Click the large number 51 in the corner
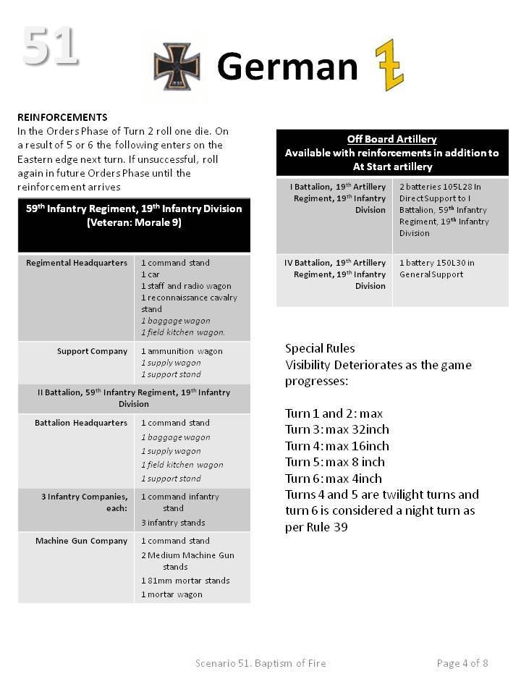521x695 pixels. (49, 46)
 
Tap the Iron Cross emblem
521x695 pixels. (177, 67)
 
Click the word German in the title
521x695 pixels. (287, 67)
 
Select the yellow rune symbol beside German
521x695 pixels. (389, 65)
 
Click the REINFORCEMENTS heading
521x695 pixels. (62, 117)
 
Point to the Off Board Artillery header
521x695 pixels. (391, 139)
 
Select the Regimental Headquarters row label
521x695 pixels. (77, 263)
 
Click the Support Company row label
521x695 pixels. (92, 351)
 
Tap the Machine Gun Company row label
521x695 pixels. (81, 541)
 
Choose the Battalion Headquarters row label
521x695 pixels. (81, 423)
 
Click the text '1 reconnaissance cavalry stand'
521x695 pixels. (189, 303)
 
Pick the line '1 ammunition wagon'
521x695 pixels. (182, 351)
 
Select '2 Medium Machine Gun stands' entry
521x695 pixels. (187, 561)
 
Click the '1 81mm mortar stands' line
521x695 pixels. (185, 581)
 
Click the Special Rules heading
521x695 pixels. (320, 348)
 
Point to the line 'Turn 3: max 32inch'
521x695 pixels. (336, 429)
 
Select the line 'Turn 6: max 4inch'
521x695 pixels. (333, 479)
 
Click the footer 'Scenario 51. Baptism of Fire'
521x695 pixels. (260, 663)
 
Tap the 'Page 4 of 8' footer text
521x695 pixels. (462, 663)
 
